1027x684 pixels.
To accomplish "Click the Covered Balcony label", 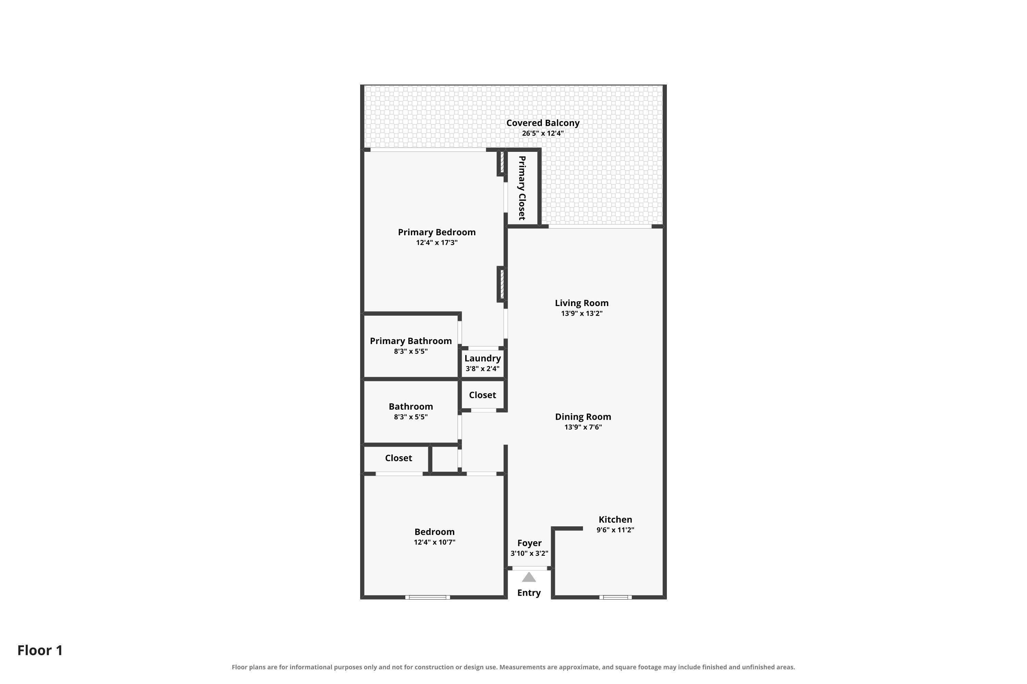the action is [x=543, y=123].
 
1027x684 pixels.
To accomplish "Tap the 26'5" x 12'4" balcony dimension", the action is [x=543, y=133].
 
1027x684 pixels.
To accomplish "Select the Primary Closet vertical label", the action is [x=522, y=188].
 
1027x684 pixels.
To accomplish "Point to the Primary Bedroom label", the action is [x=437, y=233].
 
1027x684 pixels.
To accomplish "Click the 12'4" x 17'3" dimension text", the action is [x=437, y=242].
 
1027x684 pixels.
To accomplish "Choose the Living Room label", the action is [x=582, y=303].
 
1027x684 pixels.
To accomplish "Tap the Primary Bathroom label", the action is [x=411, y=341].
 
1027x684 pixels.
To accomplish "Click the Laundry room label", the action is [x=482, y=358].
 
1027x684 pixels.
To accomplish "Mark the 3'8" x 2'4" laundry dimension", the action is [x=482, y=369].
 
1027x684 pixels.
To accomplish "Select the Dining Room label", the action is [x=583, y=417].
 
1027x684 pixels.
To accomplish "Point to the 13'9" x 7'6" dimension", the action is [x=583, y=427].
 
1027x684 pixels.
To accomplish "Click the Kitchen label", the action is [x=615, y=519].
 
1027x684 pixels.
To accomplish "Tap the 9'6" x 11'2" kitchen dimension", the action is [x=615, y=530].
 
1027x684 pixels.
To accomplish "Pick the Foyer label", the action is [x=529, y=543].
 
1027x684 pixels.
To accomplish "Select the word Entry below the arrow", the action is [x=529, y=593].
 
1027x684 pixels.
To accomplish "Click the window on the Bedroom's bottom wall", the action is [x=428, y=597].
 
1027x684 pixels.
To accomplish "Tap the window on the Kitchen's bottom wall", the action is [x=615, y=597].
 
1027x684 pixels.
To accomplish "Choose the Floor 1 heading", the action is [x=40, y=650].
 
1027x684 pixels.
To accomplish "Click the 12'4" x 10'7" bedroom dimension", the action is [x=434, y=542].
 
